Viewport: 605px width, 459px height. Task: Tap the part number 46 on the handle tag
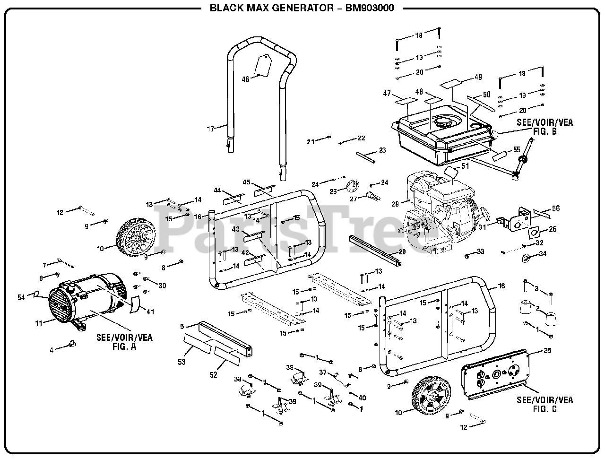245,79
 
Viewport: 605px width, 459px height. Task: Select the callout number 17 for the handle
211,128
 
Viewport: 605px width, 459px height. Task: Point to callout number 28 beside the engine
395,204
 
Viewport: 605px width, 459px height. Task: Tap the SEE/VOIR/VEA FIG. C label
544,404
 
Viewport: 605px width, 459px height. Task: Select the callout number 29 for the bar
402,252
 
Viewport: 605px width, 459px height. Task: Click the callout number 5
182,326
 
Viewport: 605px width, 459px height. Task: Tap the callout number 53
181,362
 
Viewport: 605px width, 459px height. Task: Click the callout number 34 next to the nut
543,254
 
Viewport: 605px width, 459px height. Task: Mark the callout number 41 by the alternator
150,312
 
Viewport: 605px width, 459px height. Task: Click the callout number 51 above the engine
465,165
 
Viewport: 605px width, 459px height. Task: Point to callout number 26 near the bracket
552,230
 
